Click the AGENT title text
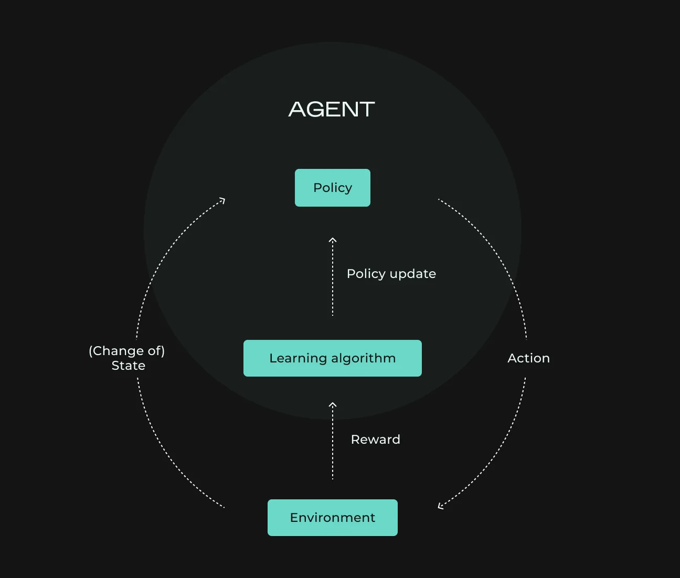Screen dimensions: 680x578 (332, 109)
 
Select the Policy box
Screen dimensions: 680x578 (333, 188)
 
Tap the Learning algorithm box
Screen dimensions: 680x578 (333, 358)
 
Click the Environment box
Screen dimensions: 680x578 (333, 518)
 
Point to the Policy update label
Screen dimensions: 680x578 (391, 274)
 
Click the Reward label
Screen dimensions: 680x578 (376, 439)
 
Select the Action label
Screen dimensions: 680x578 (529, 358)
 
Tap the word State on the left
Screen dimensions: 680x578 (129, 366)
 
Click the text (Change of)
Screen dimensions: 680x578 (126, 351)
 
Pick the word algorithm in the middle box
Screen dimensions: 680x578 (364, 358)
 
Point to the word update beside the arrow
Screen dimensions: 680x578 (413, 274)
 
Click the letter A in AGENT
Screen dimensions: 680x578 (297, 109)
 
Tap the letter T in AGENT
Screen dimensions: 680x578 (366, 109)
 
